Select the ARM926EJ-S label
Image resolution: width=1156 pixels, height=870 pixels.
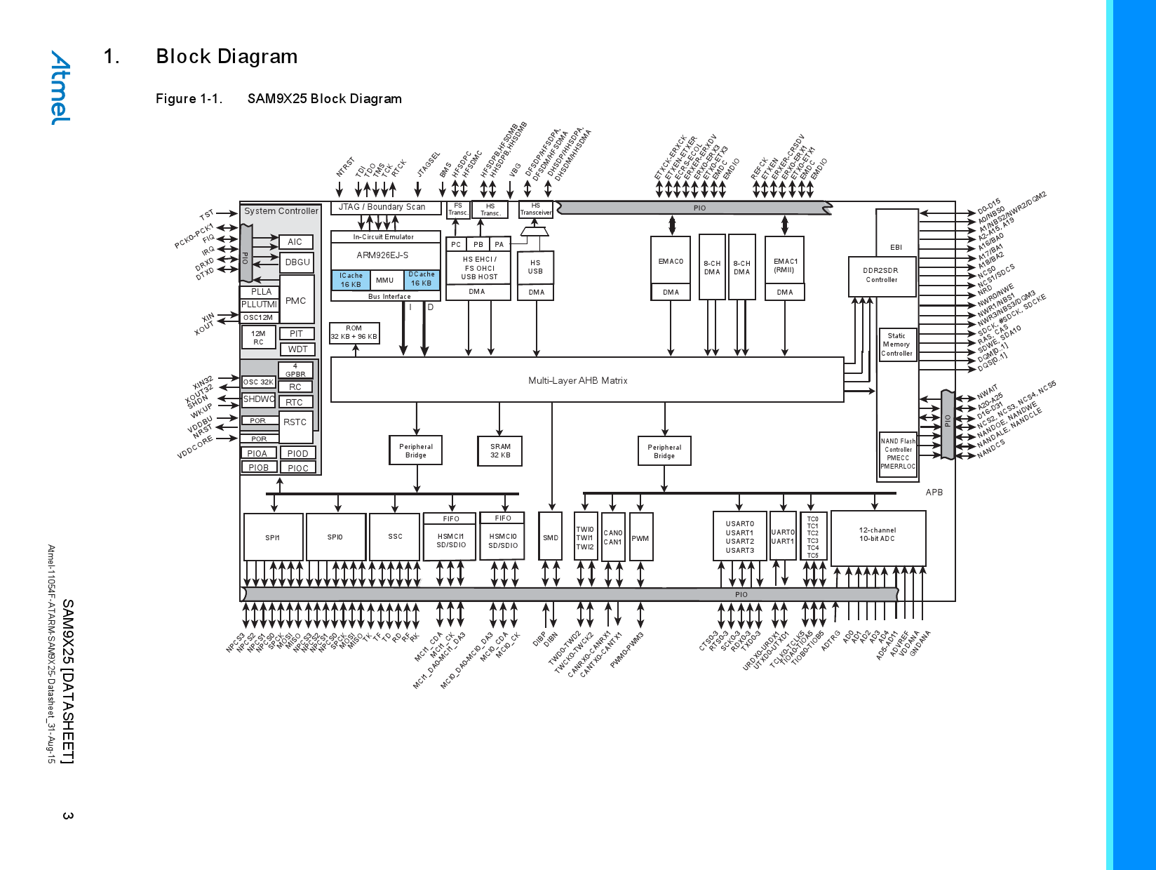pyautogui.click(x=382, y=255)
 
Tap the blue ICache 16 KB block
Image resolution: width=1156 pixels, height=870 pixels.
pyautogui.click(x=351, y=280)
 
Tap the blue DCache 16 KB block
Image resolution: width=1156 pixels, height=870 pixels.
pyautogui.click(x=422, y=279)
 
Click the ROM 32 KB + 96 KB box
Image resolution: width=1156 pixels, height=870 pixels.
pyautogui.click(x=354, y=333)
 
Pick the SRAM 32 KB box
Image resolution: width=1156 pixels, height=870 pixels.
pyautogui.click(x=500, y=450)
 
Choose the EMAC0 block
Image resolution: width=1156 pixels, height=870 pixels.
pyautogui.click(x=671, y=262)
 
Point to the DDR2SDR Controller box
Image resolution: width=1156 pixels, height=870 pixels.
pyautogui.click(x=882, y=275)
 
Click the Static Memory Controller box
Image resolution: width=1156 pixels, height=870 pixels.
pyautogui.click(x=896, y=344)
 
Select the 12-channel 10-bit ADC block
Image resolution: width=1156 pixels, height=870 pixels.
pyautogui.click(x=878, y=538)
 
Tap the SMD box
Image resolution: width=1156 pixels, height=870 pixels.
pyautogui.click(x=551, y=537)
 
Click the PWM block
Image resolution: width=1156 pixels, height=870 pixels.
pyautogui.click(x=640, y=538)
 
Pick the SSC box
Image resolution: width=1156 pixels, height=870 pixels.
pyautogui.click(x=395, y=537)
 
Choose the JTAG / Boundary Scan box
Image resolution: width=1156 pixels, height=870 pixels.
pyautogui.click(x=382, y=207)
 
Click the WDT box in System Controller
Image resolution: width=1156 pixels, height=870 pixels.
pyautogui.click(x=297, y=349)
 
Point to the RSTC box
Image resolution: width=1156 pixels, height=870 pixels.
pyautogui.click(x=295, y=422)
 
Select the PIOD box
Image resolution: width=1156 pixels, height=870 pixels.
pyautogui.click(x=297, y=454)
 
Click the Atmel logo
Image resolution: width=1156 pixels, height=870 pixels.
pyautogui.click(x=60, y=88)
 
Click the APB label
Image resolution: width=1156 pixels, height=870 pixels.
pyautogui.click(x=934, y=493)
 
